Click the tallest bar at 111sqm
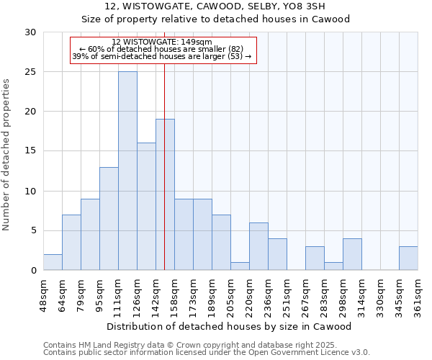[127, 171]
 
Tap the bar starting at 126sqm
[146, 206]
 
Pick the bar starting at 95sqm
[109, 218]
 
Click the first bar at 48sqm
[53, 262]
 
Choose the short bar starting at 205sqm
[240, 266]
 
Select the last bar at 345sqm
[408, 258]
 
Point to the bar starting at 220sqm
[258, 246]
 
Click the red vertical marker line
[165, 144]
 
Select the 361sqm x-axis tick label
[418, 295]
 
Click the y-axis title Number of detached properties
[7, 151]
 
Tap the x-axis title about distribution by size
[228, 326]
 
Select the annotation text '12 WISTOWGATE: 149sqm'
[162, 42]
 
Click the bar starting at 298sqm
[352, 254]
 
